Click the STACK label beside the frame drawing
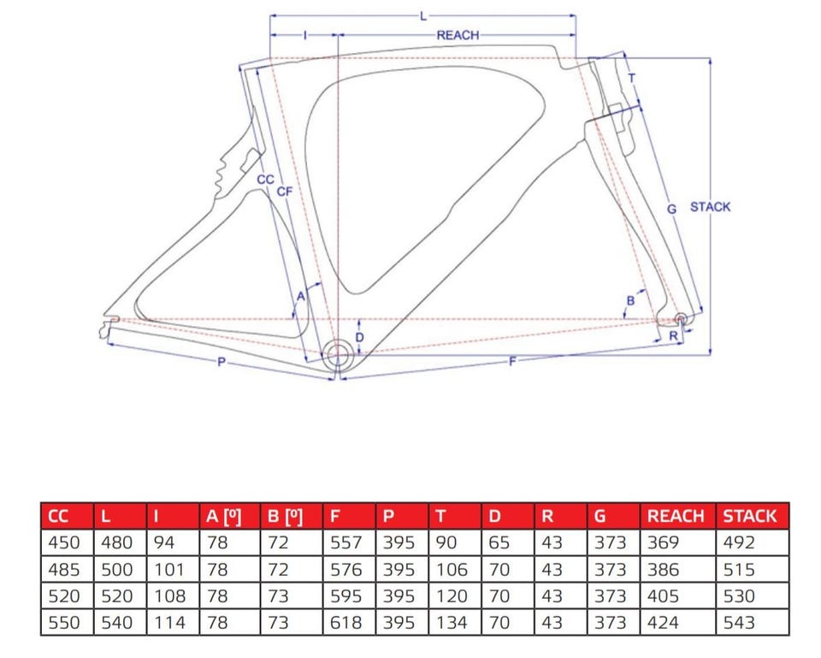tap(710, 207)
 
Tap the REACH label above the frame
tap(458, 35)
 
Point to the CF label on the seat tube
tap(284, 192)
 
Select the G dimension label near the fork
tap(672, 209)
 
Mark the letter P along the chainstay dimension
tap(221, 361)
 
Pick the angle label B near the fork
tap(630, 300)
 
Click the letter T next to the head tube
tap(631, 78)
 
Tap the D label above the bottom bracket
tap(359, 337)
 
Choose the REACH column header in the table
tap(676, 517)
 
